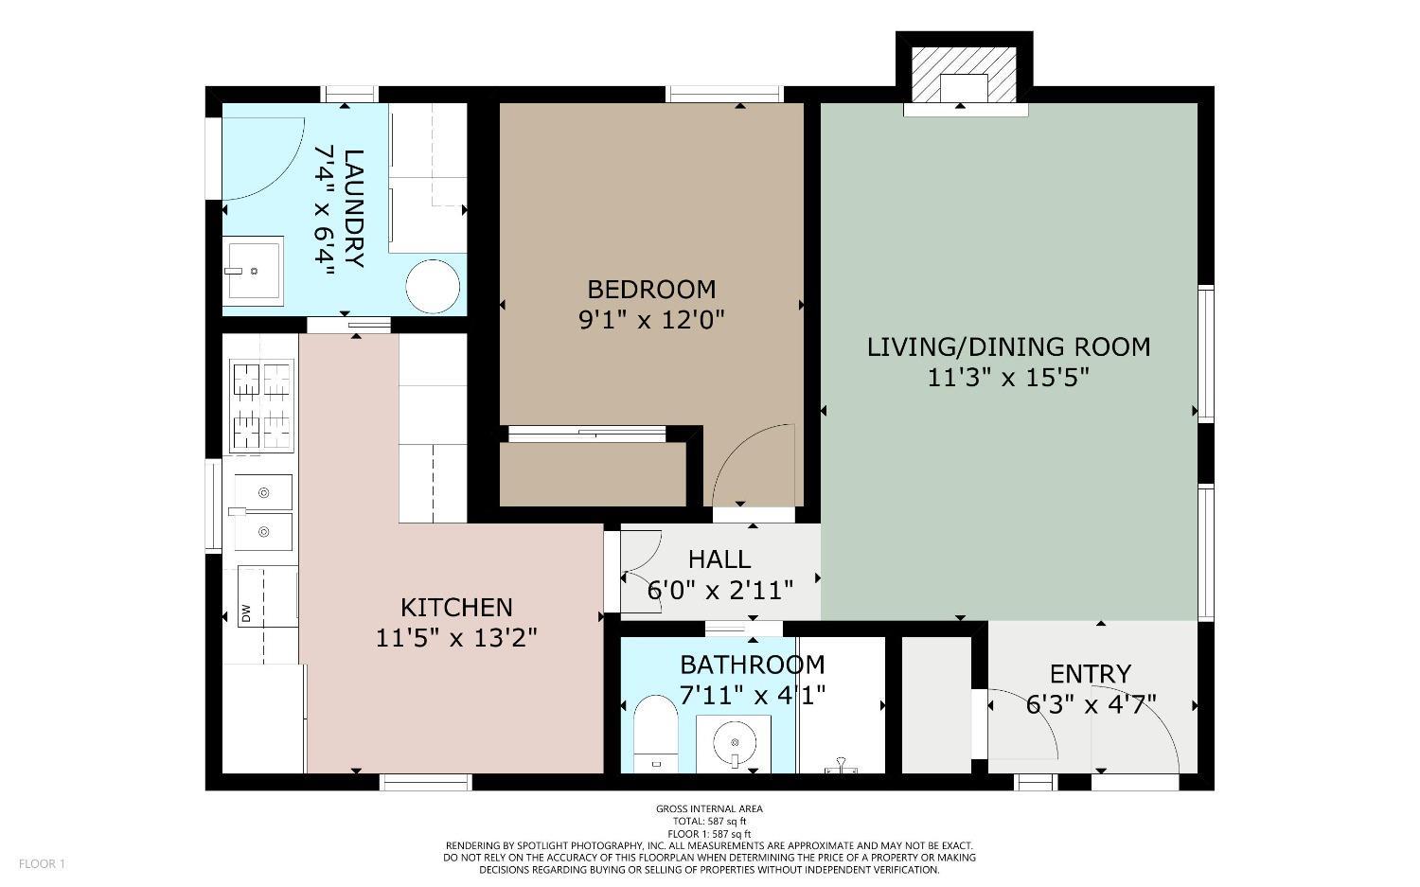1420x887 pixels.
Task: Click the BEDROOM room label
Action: pyautogui.click(x=651, y=289)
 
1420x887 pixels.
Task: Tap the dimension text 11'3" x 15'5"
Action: pyautogui.click(x=1008, y=378)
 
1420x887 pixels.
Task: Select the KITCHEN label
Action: pyautogui.click(x=456, y=607)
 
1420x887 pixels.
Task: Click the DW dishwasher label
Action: pyautogui.click(x=246, y=612)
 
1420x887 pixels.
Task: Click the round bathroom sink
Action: pyautogui.click(x=734, y=743)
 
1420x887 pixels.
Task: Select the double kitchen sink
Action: pyautogui.click(x=262, y=512)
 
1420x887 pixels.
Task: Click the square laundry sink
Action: pyautogui.click(x=253, y=271)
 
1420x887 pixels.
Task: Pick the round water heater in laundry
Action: pyautogui.click(x=434, y=287)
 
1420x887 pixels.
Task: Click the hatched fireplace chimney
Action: pyautogui.click(x=964, y=74)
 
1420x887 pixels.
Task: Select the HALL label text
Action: pyautogui.click(x=719, y=559)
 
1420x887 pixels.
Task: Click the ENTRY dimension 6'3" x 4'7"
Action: pyautogui.click(x=1092, y=705)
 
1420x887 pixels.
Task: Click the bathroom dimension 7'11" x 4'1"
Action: pyautogui.click(x=753, y=696)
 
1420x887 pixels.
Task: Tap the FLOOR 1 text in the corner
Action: pyautogui.click(x=42, y=863)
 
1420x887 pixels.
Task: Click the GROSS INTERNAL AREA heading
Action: pyautogui.click(x=709, y=808)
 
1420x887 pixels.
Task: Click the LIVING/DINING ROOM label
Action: pyautogui.click(x=1008, y=346)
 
